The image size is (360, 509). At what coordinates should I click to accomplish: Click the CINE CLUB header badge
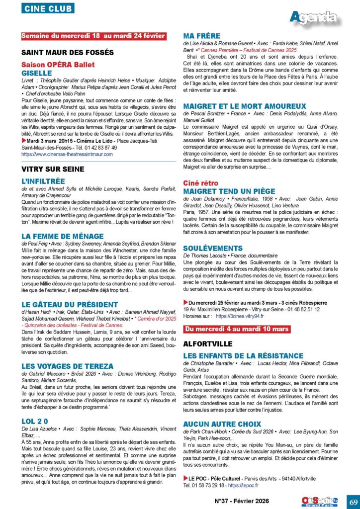point(47,8)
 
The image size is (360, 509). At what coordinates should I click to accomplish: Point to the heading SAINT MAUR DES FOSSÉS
point(68,52)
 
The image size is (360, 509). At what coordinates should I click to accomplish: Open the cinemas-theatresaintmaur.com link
point(67,155)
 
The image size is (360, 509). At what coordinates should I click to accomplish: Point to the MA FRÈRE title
point(201,36)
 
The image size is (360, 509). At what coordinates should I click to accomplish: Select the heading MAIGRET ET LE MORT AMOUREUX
point(245,106)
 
